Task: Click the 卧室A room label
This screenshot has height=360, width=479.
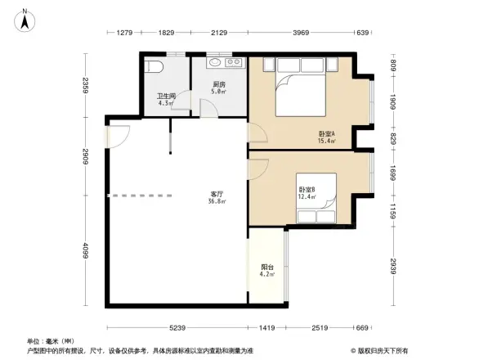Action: [x=327, y=134]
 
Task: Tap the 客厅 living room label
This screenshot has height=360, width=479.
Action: [x=216, y=194]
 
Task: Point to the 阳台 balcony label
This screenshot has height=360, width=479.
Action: [x=267, y=267]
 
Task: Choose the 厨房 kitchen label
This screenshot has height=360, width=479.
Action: [x=219, y=84]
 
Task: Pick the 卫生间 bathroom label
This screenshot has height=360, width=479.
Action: [x=166, y=96]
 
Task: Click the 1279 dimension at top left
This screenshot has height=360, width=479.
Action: [x=124, y=33]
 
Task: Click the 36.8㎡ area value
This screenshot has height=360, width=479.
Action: [x=216, y=201]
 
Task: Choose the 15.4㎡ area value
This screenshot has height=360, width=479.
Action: [x=327, y=142]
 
